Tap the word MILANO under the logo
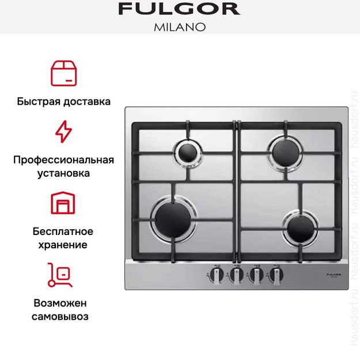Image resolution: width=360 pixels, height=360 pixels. tap(179, 27)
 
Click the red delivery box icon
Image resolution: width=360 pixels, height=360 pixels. tap(63, 73)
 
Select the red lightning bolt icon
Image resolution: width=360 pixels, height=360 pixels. tap(63, 131)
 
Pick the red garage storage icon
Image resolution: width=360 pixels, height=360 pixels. tap(63, 203)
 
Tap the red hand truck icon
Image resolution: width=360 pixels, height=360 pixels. tap(60, 275)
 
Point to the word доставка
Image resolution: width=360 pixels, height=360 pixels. tap(86, 101)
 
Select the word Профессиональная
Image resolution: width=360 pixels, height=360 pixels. tap(63, 160)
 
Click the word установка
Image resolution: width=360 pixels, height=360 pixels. tap(63, 173)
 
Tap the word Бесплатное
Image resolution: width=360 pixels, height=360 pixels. tap(63, 232)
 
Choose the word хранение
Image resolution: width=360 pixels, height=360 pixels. tap(63, 245)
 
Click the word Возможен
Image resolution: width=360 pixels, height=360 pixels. tap(63, 303)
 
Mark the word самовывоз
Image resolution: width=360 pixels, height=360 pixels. tap(63, 316)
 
